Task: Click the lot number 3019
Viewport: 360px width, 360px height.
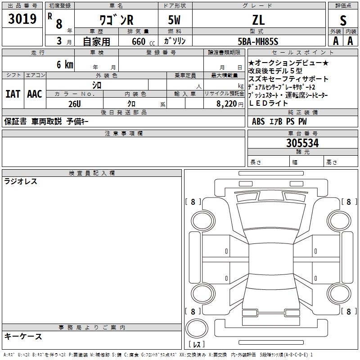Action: click(x=22, y=18)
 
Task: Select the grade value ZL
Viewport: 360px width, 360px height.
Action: click(x=258, y=20)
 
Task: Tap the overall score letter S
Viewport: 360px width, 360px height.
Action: click(x=343, y=20)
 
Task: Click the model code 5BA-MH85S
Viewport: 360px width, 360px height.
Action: click(x=258, y=41)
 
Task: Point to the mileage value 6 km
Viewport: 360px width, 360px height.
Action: click(x=65, y=64)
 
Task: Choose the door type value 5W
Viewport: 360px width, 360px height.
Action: click(x=174, y=20)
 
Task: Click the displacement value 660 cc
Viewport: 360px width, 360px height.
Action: click(x=143, y=41)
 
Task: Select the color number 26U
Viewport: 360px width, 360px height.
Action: click(x=75, y=104)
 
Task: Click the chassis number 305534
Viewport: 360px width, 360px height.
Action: click(x=302, y=143)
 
